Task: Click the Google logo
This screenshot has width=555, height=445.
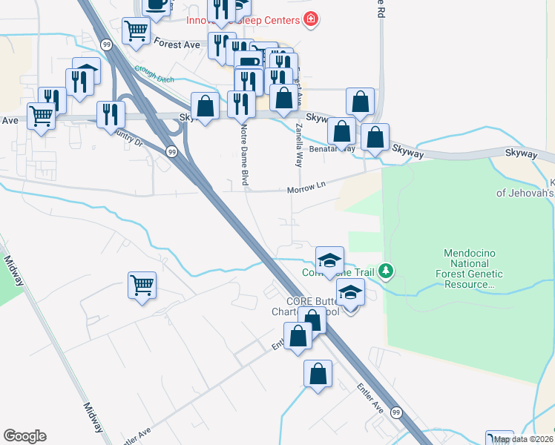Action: click(24, 436)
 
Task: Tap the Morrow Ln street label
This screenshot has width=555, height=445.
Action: click(306, 191)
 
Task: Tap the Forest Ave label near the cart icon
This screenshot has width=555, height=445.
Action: click(177, 44)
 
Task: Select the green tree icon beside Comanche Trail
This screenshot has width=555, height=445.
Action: click(385, 271)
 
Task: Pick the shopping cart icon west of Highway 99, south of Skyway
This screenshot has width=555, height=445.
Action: click(142, 284)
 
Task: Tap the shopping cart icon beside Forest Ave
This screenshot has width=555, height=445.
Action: click(136, 31)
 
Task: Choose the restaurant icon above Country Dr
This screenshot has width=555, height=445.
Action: click(111, 113)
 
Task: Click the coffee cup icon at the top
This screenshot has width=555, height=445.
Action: click(157, 4)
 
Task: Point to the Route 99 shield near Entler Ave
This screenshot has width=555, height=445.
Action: click(396, 412)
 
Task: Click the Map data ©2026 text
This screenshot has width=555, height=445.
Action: click(522, 439)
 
